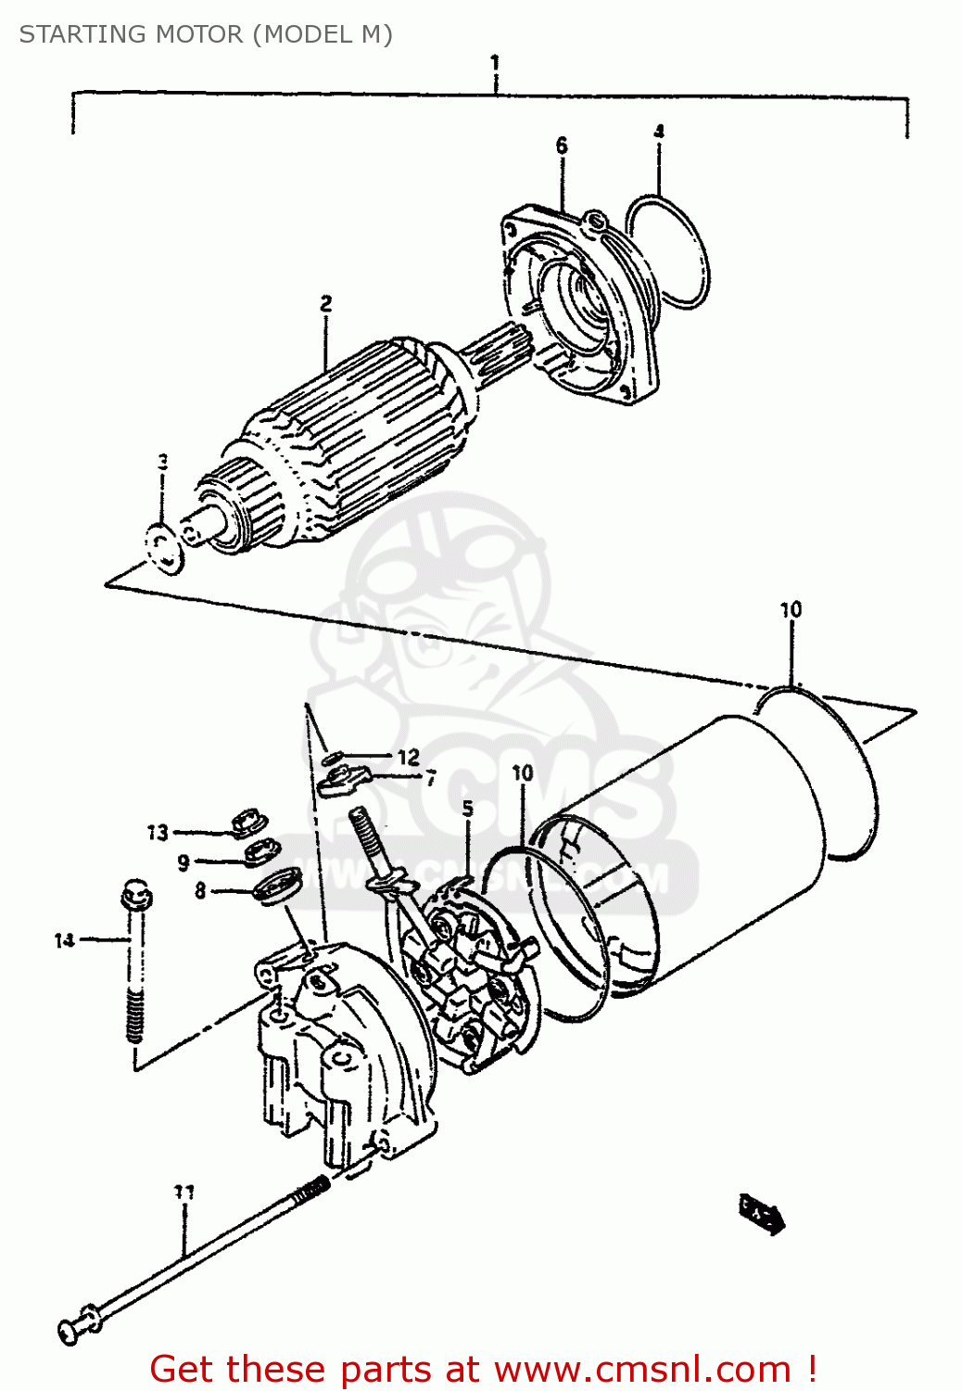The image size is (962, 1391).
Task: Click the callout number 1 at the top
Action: (495, 63)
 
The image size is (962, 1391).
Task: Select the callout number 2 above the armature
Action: (326, 303)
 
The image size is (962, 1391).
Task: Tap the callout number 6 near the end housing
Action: (562, 146)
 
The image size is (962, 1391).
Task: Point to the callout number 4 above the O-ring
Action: (659, 131)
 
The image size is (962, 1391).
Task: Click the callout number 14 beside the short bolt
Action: (64, 940)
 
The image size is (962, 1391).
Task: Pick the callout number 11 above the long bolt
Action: (184, 1192)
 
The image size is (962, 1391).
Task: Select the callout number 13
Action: (158, 833)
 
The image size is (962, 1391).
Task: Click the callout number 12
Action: (408, 758)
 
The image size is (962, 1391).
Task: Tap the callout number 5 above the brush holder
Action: (468, 809)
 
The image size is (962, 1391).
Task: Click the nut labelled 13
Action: (247, 822)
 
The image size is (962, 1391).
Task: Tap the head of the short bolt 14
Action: (136, 894)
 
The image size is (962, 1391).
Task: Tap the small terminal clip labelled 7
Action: (342, 782)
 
